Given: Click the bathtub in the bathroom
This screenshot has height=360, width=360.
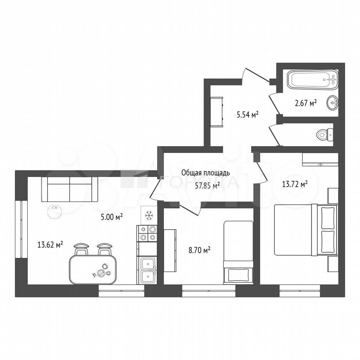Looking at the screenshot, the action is coord(313,80).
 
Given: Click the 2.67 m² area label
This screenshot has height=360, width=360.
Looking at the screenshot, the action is coord(306,103).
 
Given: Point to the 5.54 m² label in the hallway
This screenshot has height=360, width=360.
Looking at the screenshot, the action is coord(248,114).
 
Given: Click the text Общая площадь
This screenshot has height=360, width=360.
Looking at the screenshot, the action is coord(205,172).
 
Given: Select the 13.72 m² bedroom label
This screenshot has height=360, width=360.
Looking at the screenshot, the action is coord(295,184).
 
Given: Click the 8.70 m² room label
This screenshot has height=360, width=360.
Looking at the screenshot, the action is coord(199,250).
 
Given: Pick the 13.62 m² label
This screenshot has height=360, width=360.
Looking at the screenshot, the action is coord(50,245).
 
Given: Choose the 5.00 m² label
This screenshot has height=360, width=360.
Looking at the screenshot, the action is coord(112,217).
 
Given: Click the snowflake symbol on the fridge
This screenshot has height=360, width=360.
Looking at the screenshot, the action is coord(149,216).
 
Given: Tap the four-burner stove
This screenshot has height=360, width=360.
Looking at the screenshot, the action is coord(147,233).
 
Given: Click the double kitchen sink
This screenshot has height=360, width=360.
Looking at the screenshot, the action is coord(147,270).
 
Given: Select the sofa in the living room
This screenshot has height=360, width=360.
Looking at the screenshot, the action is coord(70,189).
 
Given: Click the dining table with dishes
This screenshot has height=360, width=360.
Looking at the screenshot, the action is coord(93,270).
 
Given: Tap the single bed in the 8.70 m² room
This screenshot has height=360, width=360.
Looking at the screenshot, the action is coord(238,252).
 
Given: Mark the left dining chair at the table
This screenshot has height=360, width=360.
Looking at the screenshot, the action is coord(81,249).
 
